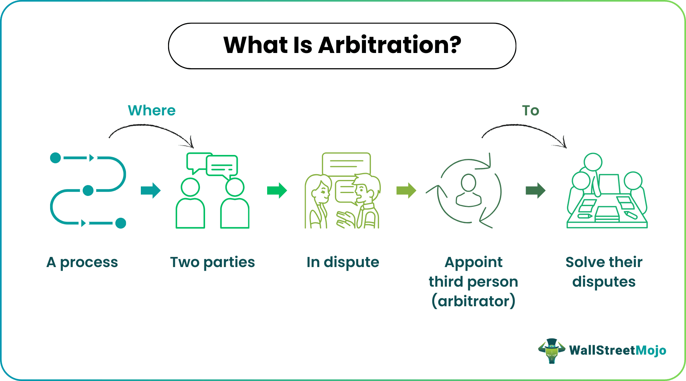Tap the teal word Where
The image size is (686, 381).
(152, 111)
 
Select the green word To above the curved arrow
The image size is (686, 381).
(530, 111)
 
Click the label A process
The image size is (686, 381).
(82, 262)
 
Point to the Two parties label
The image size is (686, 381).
(212, 262)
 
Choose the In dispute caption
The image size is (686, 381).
(343, 262)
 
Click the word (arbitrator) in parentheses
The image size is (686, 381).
(473, 301)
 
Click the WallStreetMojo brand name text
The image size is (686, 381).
(617, 350)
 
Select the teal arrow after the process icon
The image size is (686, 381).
(151, 190)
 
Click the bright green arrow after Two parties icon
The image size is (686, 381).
(277, 190)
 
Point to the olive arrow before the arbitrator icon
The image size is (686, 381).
(406, 190)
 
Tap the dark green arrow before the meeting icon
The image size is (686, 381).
(535, 190)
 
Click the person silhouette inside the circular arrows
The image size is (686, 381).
(469, 190)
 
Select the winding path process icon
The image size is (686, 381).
(88, 190)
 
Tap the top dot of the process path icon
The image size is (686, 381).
(55, 158)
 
